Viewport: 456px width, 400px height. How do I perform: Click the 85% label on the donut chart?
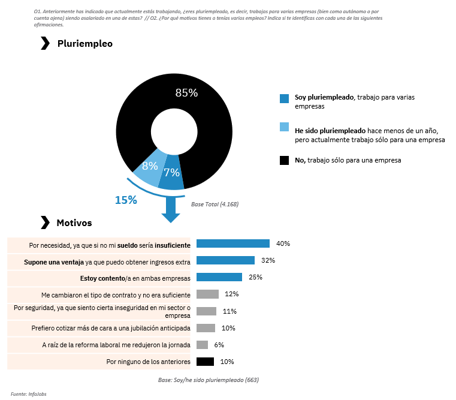pyautogui.click(x=186, y=92)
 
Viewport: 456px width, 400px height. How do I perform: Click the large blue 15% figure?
pyautogui.click(x=126, y=200)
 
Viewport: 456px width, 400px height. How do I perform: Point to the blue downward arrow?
pyautogui.click(x=171, y=209)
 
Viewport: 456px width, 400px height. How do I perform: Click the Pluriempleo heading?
pyautogui.click(x=84, y=44)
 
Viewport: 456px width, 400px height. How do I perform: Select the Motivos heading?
pyautogui.click(x=74, y=222)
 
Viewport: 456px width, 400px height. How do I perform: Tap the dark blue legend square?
pyautogui.click(x=284, y=98)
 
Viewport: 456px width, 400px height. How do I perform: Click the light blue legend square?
pyautogui.click(x=284, y=127)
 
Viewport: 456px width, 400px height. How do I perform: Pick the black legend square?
pyautogui.click(x=284, y=160)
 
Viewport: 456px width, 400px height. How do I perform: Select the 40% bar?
pyautogui.click(x=233, y=243)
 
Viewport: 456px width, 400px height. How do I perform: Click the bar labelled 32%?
pyautogui.click(x=226, y=260)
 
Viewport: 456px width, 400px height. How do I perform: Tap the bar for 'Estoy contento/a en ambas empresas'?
pyautogui.click(x=219, y=277)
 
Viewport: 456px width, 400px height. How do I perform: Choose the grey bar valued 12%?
pyautogui.click(x=207, y=294)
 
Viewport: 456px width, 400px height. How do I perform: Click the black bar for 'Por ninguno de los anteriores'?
pyautogui.click(x=205, y=362)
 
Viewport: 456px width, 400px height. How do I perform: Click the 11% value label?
pyautogui.click(x=229, y=311)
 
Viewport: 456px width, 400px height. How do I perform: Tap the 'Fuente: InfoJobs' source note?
pyautogui.click(x=29, y=393)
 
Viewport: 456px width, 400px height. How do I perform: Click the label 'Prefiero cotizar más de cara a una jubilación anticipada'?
pyautogui.click(x=111, y=328)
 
